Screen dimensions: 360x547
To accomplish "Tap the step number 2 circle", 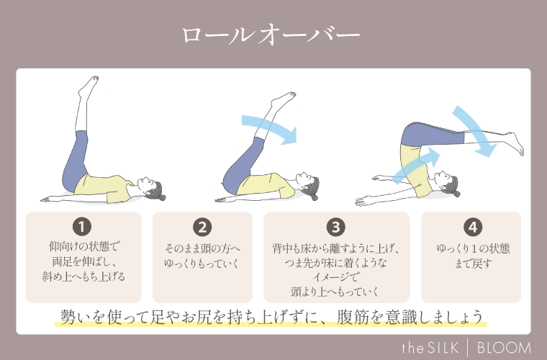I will (202, 227).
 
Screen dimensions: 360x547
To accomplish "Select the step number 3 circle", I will (335, 227).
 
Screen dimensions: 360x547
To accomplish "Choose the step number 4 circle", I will (472, 227).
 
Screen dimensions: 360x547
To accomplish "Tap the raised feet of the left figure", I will (87, 87).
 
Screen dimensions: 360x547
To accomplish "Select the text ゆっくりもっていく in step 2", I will (202, 263).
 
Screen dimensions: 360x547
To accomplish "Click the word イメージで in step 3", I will (335, 277).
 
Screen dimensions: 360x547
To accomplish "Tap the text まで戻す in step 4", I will (472, 263).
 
